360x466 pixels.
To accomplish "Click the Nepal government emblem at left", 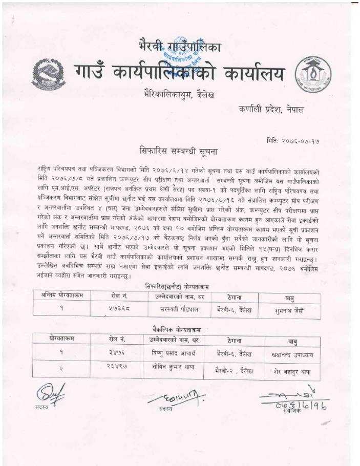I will click(49, 74).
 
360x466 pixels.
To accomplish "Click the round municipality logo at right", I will click(316, 74).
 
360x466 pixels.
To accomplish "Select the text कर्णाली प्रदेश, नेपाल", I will click(274, 109).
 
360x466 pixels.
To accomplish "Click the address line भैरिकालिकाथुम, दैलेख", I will click(180, 95).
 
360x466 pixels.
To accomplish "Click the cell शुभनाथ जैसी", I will click(289, 310).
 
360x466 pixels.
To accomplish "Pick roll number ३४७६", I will click(116, 352).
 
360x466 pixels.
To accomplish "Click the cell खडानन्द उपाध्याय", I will click(289, 354).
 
